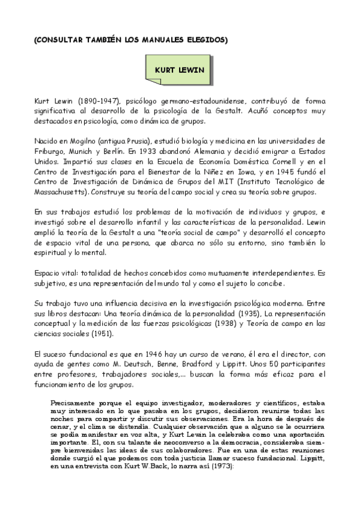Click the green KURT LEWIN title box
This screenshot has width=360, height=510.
[x=179, y=70]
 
